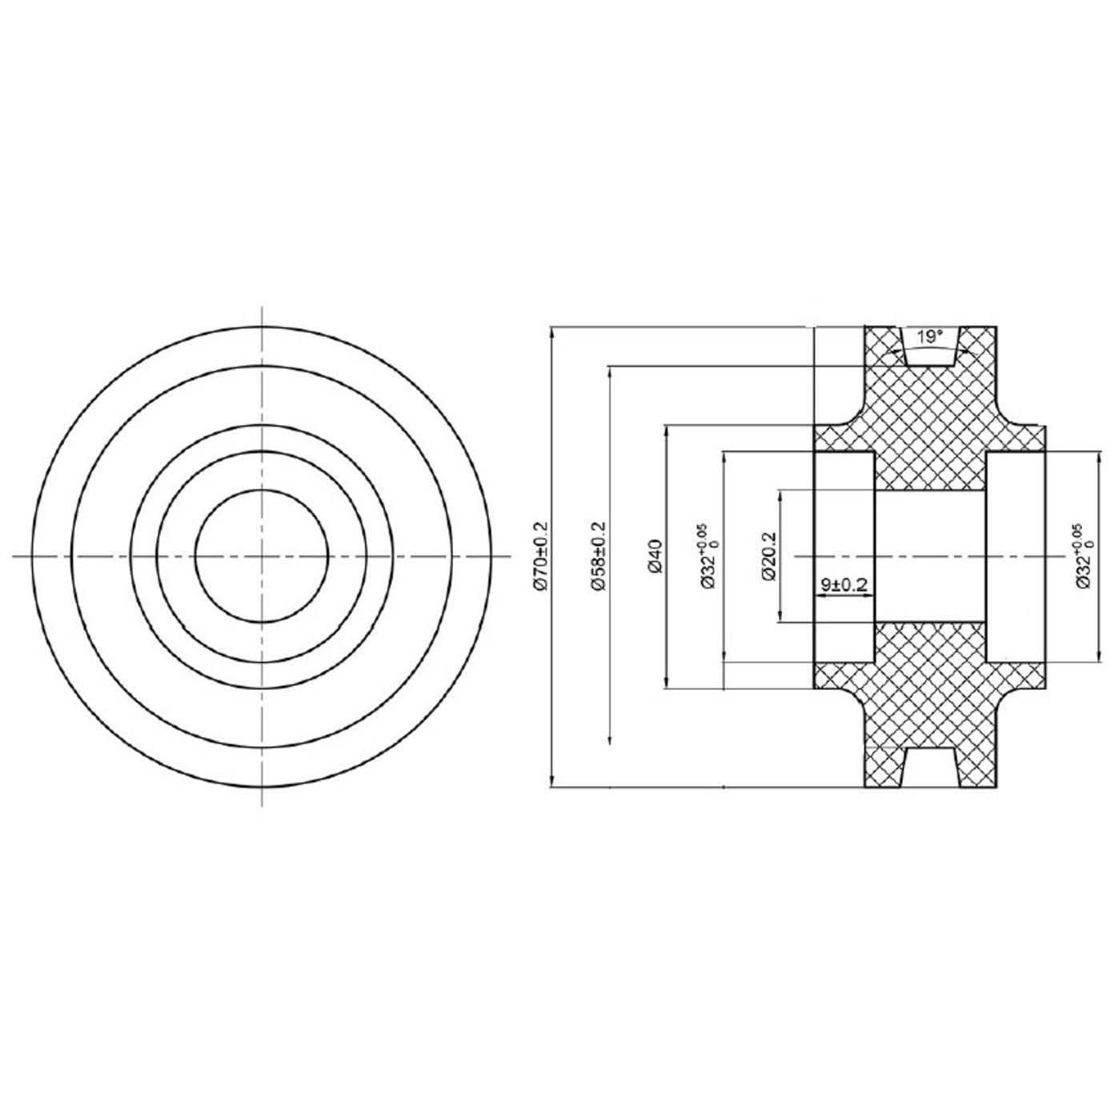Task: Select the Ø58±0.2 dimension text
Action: (x=598, y=556)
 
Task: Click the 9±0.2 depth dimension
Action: (x=844, y=585)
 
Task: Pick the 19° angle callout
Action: (x=929, y=337)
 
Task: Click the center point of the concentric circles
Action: (x=262, y=555)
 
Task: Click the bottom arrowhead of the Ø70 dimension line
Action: (x=551, y=780)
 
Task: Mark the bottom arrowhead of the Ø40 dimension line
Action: (x=666, y=682)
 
